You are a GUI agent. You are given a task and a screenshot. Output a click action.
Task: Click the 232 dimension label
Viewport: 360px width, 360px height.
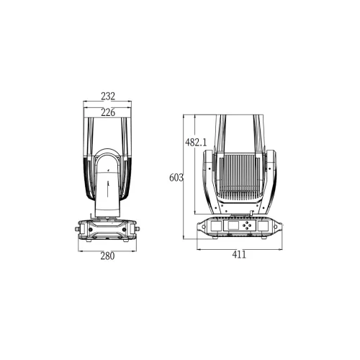coord(108,96)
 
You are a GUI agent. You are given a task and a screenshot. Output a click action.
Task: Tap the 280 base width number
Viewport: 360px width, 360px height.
coord(108,256)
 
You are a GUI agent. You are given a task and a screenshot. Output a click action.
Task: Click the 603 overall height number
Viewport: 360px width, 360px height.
coord(176,177)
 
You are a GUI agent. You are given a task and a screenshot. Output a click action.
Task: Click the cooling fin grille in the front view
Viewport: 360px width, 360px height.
coord(239,176)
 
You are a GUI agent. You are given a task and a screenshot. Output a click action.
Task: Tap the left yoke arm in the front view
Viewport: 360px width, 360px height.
coord(209,180)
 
